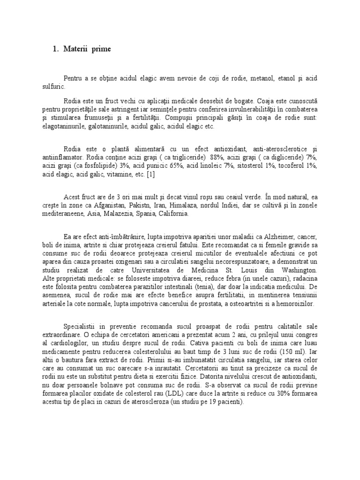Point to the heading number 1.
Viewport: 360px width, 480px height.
[x=54, y=49]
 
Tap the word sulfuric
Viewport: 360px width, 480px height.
[x=55, y=87]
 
